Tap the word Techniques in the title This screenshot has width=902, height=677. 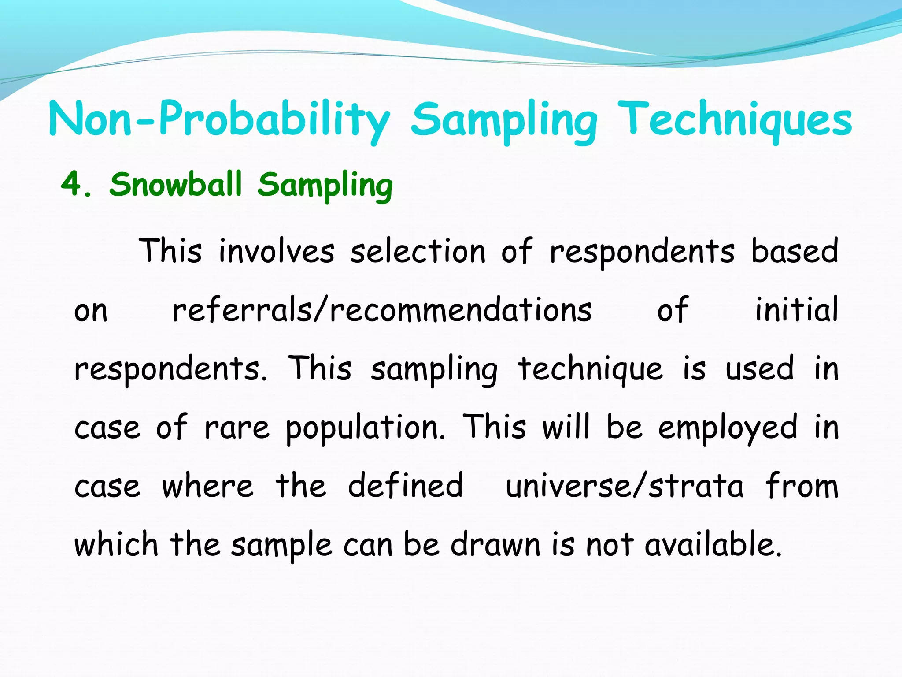point(734,119)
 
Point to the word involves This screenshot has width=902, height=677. point(277,251)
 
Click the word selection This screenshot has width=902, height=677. point(418,251)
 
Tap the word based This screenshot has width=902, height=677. point(794,251)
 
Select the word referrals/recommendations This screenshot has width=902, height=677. point(382,310)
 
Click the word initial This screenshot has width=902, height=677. point(796,310)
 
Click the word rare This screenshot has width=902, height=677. point(237,428)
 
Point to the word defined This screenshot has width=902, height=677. point(405,486)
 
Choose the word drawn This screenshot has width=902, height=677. point(495,545)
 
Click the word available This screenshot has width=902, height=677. point(713,545)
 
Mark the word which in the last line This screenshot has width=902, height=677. point(116,545)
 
